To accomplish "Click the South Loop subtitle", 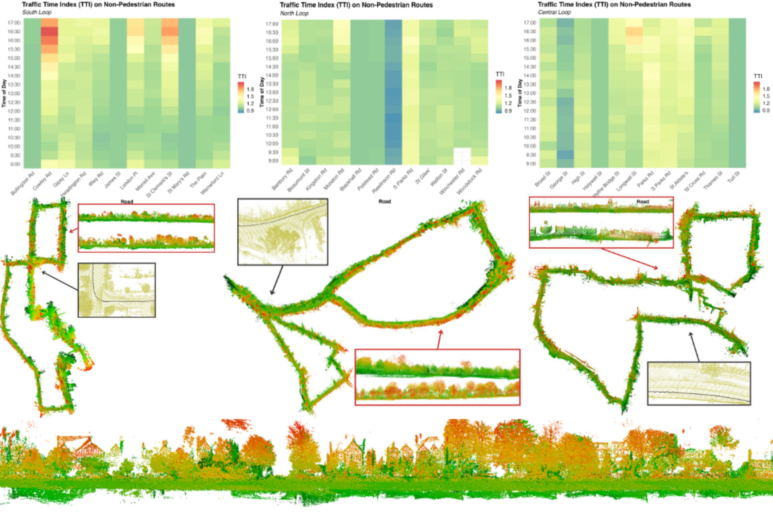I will click(37, 12).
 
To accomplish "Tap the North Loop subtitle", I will click(294, 13).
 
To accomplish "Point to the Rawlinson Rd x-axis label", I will click(384, 182).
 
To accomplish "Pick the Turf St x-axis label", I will click(734, 177).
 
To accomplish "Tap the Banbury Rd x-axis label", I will click(282, 180).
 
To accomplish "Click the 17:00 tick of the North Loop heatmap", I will click(272, 24).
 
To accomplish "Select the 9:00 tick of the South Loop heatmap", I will click(15, 164).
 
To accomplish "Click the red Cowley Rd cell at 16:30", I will click(49, 32).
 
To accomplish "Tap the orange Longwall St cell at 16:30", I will click(634, 32).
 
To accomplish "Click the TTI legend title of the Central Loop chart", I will click(758, 76).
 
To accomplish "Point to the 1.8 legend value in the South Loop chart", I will click(250, 89).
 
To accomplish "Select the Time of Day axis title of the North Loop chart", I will click(262, 92).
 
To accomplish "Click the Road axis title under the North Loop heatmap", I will click(385, 201).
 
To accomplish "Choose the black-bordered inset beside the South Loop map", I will click(116, 290).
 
